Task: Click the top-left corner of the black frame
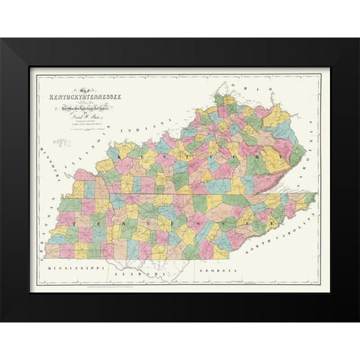pos(2,40)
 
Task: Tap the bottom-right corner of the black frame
pos(358,320)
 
